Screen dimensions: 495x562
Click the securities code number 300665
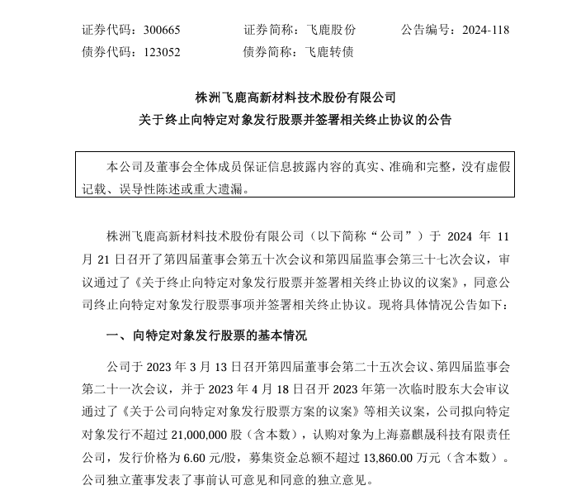pyautogui.click(x=160, y=30)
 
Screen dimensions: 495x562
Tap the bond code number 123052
pyautogui.click(x=160, y=51)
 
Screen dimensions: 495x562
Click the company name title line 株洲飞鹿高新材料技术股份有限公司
pyautogui.click(x=295, y=97)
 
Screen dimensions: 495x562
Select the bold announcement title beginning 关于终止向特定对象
pyautogui.click(x=295, y=120)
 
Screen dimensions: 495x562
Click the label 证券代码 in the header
pyautogui.click(x=107, y=30)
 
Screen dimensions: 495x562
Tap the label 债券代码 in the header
pyautogui.click(x=107, y=51)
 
